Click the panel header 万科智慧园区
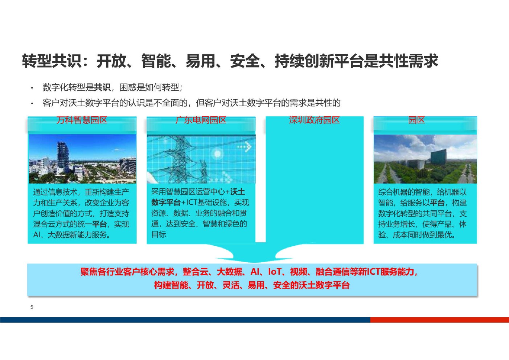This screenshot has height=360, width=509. pos(82,120)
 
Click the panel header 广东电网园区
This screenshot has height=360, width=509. pos(201,120)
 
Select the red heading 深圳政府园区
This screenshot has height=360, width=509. pos(315,120)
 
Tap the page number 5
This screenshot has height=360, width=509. pos(32,307)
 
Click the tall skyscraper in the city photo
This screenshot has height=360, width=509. pos(62,157)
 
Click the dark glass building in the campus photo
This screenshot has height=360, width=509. pos(438,157)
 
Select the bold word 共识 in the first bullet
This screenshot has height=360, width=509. pos(102,87)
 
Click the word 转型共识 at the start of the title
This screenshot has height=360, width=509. pos(52,61)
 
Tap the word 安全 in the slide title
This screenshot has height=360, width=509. pos(245,61)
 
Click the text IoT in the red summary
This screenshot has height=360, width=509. pos(275,272)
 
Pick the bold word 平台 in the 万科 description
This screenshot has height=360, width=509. pos(99,224)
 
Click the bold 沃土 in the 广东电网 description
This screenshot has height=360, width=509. pos(238,192)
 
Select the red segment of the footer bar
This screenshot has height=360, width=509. pos(439,320)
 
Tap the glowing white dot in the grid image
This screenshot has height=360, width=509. pos(217,154)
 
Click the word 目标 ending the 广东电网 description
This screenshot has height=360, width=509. pos(159,234)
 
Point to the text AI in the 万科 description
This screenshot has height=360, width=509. pos(37,235)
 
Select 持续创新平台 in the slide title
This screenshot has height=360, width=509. pos(319,61)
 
